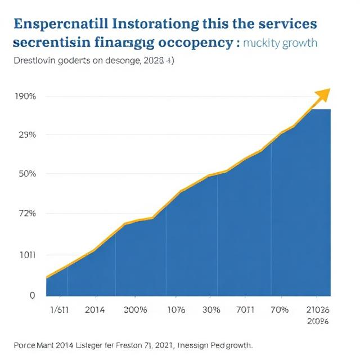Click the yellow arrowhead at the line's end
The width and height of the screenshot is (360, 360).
(323, 94)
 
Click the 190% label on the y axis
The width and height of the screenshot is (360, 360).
(25, 96)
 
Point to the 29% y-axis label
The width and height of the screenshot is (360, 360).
(25, 135)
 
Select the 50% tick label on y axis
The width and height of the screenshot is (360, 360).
(25, 174)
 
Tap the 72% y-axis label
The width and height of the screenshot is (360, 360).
(25, 214)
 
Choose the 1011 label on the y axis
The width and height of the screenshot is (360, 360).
(25, 254)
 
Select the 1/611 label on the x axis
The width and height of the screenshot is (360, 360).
(60, 310)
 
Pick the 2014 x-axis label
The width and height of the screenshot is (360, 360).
(94, 310)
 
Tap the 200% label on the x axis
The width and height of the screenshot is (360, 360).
(136, 310)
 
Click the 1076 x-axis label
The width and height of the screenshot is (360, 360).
(177, 310)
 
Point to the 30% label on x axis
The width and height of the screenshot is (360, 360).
(210, 310)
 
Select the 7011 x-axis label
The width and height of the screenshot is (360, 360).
(245, 310)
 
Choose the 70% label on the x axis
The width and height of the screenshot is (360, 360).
(279, 310)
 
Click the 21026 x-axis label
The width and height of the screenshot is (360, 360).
(318, 310)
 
